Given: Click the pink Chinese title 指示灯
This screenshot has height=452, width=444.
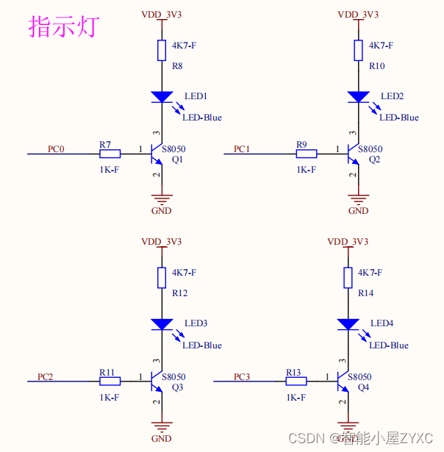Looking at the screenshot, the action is coord(64,26).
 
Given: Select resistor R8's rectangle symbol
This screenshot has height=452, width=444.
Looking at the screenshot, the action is coord(162,51).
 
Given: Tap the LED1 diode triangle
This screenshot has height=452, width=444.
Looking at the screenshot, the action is coord(162,97).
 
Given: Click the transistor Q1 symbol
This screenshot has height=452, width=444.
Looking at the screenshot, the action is coord(157,154).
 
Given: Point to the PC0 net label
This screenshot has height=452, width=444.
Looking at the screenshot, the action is coord(56,149).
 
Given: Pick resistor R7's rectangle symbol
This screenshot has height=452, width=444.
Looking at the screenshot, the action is coord(110,154).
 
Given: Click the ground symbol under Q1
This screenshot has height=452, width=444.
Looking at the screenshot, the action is coord(162,199).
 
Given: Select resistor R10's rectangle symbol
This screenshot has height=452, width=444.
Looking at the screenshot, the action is coord(359,51).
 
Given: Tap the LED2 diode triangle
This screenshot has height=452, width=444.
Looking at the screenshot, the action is coord(359,97).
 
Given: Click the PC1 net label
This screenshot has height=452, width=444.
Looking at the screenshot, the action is coord(242,149).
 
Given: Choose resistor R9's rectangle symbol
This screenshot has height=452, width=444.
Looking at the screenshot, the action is coord(307,154).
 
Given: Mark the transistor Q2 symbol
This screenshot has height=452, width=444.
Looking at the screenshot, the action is coord(353,154).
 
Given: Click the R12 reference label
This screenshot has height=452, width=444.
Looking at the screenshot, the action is coord(179,293).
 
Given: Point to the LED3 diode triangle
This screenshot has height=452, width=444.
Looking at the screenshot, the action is coord(162,324).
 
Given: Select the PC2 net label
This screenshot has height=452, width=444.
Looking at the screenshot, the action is coord(46,377).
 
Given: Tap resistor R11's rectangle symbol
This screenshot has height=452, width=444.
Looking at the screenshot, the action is coord(110,381).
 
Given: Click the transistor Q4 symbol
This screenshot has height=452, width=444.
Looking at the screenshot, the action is coord(343,381).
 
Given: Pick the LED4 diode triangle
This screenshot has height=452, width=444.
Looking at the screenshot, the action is coord(348,324).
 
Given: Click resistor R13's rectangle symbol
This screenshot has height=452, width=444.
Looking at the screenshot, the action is coord(296,381).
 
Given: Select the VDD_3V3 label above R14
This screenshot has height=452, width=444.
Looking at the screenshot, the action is coord(348,242).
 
